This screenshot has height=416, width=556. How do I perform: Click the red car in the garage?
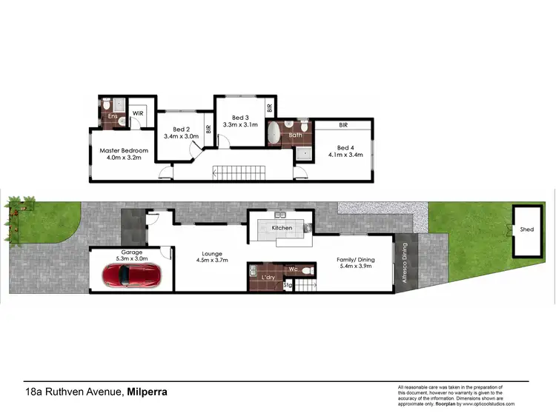133,276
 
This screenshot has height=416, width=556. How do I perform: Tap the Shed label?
526,229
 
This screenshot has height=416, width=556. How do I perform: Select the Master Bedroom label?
124,151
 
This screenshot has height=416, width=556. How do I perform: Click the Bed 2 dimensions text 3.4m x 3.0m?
181,136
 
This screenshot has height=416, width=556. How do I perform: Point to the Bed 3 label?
239,118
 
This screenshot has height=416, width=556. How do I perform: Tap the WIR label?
136,114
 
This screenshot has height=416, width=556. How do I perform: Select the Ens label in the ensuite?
113,116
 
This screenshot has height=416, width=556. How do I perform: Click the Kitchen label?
282,228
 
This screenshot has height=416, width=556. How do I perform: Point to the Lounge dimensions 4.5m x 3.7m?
212,261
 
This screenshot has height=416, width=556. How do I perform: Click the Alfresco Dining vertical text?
405,264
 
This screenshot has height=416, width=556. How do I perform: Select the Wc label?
294,269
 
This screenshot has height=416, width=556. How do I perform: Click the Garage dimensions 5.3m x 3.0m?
132,259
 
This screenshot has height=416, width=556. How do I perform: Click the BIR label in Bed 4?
344,126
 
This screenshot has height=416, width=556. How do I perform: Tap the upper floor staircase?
237,175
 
